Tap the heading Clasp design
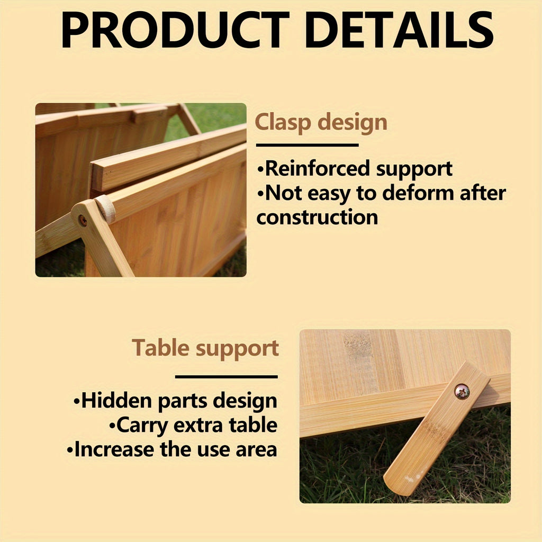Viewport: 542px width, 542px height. coord(321,123)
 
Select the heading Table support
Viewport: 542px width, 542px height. coord(205,348)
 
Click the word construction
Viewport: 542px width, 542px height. coord(317,217)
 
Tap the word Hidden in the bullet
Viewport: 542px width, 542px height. coord(116,401)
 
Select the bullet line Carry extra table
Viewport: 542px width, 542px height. coord(193,425)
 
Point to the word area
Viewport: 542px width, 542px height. coord(256,449)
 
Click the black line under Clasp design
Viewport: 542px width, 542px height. coord(307,144)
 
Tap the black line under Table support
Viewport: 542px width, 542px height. coord(226,377)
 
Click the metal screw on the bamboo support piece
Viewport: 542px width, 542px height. coord(462,392)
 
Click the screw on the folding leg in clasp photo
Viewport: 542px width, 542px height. coord(83,220)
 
